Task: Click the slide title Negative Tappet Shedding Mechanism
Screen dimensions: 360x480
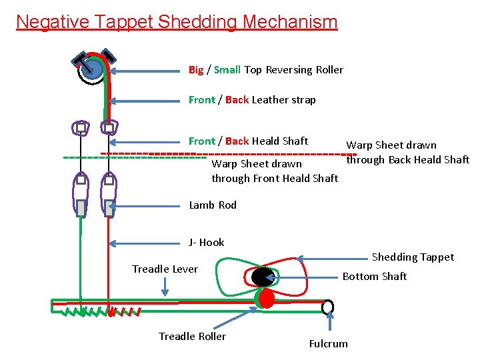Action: [x=177, y=21]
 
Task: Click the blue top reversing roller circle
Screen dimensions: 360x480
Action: [x=93, y=69]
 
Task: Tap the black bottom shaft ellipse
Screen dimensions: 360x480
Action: [x=263, y=277]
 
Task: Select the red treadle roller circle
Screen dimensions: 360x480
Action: [x=265, y=298]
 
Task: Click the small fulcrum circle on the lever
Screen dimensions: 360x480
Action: [x=328, y=307]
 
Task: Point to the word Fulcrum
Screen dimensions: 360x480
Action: [x=328, y=344]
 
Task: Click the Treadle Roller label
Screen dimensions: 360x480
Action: [x=192, y=336]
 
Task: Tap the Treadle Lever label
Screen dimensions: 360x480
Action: [x=165, y=269]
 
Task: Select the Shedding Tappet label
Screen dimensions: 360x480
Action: [x=413, y=257]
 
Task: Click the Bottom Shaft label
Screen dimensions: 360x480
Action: [x=374, y=276]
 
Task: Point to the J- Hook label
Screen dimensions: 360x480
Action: [x=207, y=243]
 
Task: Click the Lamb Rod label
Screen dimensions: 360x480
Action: [x=213, y=205]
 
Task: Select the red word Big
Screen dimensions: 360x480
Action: [x=196, y=70]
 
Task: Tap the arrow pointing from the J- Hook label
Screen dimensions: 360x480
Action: [x=147, y=243]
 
